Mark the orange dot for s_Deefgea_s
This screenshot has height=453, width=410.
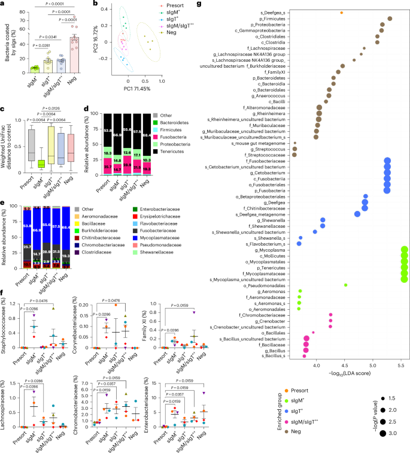point(341,12)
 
